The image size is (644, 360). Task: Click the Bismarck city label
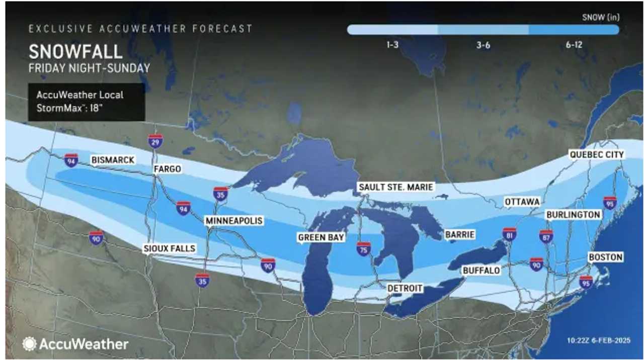113,160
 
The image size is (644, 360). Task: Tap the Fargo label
167,169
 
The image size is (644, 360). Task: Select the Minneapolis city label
233,221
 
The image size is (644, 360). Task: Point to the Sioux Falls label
169,249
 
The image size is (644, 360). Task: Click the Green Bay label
321,237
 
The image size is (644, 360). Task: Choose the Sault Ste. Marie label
395,187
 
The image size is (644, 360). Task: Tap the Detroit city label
405,288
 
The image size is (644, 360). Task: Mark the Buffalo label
481,271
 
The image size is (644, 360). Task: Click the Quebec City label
596,154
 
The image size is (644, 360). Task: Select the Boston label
605,257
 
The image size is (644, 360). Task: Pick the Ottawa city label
522,202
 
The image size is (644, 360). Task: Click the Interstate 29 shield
155,141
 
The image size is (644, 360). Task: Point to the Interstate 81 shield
509,234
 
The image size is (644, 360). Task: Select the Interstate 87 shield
546,236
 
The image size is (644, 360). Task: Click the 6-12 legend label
574,45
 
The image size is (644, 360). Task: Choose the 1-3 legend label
393,45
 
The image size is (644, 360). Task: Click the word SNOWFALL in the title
75,52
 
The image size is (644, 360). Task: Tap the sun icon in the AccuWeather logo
29,344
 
